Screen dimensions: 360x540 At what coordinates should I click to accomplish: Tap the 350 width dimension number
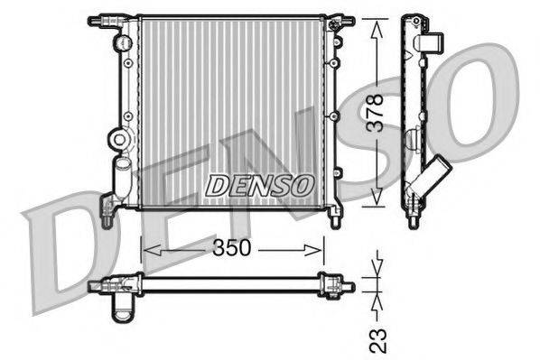232,247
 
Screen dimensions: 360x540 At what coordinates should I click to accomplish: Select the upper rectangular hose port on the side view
432,42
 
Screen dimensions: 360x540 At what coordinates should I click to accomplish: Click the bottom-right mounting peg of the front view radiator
335,217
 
